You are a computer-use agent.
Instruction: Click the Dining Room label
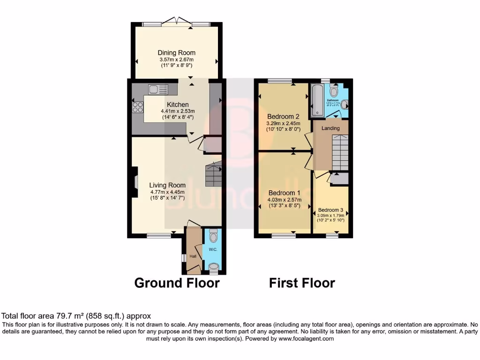coord(176,53)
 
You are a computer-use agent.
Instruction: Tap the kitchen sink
coord(155,89)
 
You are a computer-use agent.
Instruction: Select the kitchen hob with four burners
coord(138,107)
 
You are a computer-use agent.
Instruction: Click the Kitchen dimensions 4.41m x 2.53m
coord(177,111)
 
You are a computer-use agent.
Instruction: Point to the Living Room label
coord(167,185)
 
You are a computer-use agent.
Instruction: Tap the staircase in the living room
coord(214,175)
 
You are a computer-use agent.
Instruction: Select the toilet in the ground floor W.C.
coord(214,234)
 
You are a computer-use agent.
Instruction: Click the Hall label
coord(193,256)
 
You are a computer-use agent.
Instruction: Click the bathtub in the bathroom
coord(317,99)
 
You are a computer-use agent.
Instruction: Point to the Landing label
coord(330,128)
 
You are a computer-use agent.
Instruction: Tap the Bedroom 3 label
coord(330,210)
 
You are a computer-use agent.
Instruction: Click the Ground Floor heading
coord(177,283)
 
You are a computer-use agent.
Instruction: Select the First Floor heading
coord(302,283)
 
